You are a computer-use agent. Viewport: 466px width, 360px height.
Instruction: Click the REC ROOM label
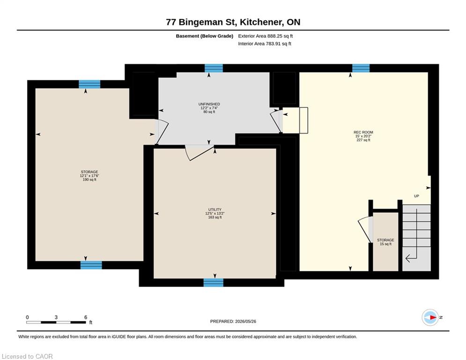[363, 136]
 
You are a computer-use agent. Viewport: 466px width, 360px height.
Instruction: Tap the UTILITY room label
[215, 213]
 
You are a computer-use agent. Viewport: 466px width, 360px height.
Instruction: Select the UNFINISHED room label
[209, 108]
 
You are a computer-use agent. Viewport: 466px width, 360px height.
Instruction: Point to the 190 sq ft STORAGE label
[89, 175]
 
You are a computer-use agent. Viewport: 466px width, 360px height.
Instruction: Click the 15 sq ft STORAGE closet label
[385, 242]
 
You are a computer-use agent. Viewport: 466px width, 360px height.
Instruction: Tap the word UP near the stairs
[416, 196]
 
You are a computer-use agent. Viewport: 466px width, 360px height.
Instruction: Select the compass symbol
[430, 317]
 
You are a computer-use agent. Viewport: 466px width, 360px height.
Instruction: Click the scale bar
[56, 322]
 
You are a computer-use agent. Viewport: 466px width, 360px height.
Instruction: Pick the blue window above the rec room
[361, 68]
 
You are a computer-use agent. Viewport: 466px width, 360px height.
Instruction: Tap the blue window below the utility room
[214, 283]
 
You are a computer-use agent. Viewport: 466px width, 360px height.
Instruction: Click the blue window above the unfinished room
[214, 68]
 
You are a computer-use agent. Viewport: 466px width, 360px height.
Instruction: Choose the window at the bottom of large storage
[91, 265]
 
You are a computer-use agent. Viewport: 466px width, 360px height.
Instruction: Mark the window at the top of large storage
[89, 84]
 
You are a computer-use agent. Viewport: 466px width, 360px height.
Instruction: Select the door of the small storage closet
[365, 229]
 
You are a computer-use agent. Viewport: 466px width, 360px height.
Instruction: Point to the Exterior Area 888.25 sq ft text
[265, 36]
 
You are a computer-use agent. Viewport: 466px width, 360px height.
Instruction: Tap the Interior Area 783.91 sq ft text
[265, 44]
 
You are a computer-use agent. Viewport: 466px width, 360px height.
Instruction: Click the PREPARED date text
[233, 321]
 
